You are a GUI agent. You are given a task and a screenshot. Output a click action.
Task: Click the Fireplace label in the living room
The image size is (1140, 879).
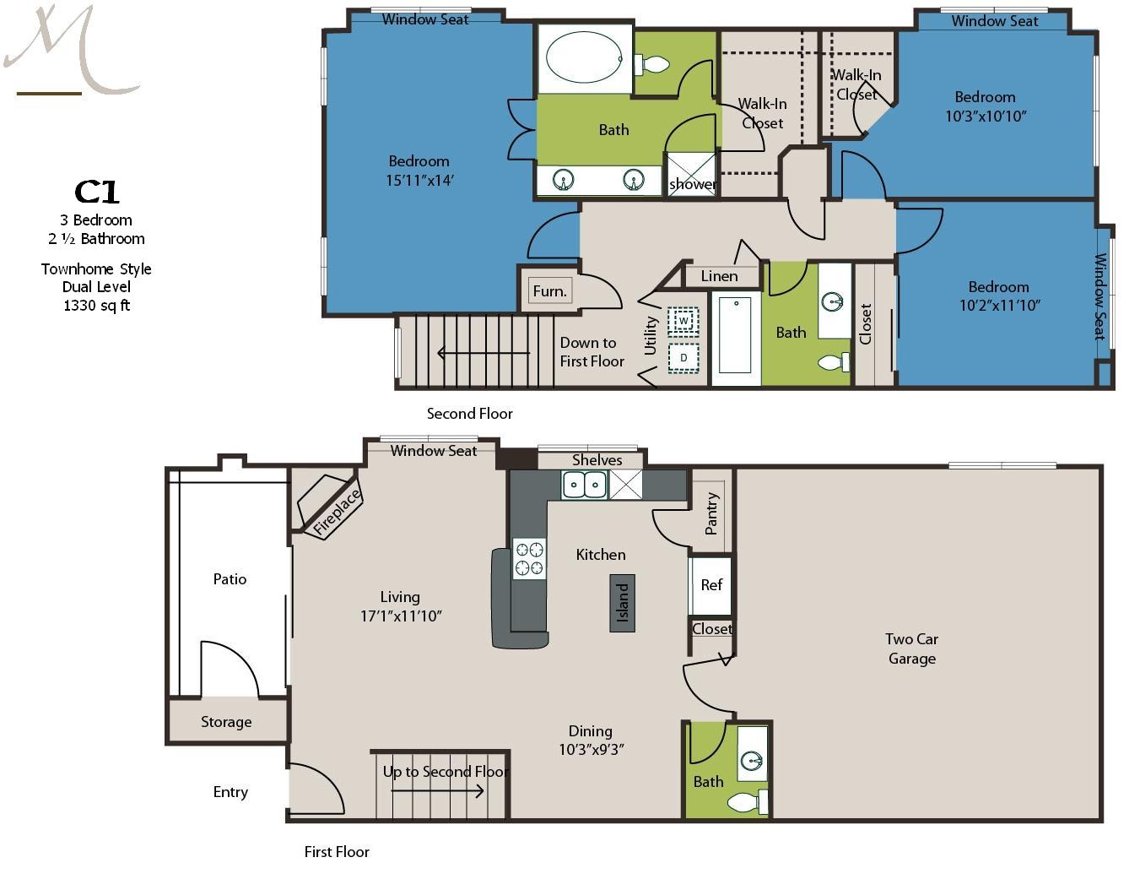337,511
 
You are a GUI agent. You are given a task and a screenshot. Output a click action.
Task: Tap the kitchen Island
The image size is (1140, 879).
622,603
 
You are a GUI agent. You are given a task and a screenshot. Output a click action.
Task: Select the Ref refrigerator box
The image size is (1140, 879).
710,585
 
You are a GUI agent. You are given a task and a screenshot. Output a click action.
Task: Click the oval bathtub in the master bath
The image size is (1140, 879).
584,57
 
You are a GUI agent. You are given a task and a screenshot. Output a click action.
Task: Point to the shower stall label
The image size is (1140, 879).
693,184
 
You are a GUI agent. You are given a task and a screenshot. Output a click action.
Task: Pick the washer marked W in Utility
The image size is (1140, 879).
683,321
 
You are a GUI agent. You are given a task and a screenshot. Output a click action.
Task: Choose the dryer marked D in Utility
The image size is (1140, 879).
683,358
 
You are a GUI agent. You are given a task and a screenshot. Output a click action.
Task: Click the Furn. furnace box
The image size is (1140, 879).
550,290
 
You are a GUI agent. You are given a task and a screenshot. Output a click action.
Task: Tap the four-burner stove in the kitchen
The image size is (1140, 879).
529,559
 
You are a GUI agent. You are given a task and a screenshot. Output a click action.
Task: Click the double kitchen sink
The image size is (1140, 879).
585,485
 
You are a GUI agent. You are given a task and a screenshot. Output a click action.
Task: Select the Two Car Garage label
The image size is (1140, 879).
912,648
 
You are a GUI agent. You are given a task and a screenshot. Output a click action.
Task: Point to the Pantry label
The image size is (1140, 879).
711,513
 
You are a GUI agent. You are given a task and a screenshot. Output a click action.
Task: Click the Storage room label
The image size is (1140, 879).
226,722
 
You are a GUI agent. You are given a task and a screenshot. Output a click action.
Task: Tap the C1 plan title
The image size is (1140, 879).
97,192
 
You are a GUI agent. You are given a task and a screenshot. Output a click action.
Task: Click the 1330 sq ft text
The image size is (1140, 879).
96,306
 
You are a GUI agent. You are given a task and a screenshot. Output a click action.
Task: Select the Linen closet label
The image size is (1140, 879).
719,276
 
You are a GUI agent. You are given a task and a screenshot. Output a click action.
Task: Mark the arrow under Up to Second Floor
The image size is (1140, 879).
438,791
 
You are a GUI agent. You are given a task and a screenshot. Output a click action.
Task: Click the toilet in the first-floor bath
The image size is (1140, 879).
748,802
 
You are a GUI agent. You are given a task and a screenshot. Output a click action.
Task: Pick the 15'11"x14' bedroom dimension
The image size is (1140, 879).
419,181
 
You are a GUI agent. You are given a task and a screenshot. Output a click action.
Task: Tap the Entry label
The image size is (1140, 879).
230,792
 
